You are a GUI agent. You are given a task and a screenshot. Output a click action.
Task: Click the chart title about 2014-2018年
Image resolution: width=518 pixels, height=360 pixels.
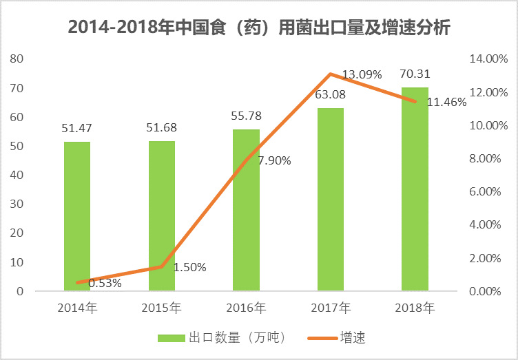tap(260, 28)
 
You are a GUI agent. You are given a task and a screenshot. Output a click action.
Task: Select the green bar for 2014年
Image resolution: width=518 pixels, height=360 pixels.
tap(77, 216)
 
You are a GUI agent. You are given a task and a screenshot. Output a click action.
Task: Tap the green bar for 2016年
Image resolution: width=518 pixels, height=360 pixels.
tap(246, 210)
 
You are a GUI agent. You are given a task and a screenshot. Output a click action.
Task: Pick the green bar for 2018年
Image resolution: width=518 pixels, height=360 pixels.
tap(415, 189)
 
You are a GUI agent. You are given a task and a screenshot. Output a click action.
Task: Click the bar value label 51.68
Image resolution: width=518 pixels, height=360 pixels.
tap(161, 128)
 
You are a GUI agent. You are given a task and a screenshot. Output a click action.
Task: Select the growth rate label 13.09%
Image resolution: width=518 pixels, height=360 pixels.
tap(362, 74)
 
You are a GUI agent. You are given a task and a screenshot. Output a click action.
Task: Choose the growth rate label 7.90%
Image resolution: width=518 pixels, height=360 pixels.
tap(274, 160)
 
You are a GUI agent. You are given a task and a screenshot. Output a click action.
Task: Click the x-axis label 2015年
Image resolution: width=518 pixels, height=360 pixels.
tap(161, 308)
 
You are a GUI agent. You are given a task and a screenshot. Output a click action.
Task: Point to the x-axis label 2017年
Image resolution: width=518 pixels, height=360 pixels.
tap(330, 308)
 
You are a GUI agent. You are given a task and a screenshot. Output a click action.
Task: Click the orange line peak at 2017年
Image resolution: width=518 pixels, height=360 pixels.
tap(331, 74)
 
